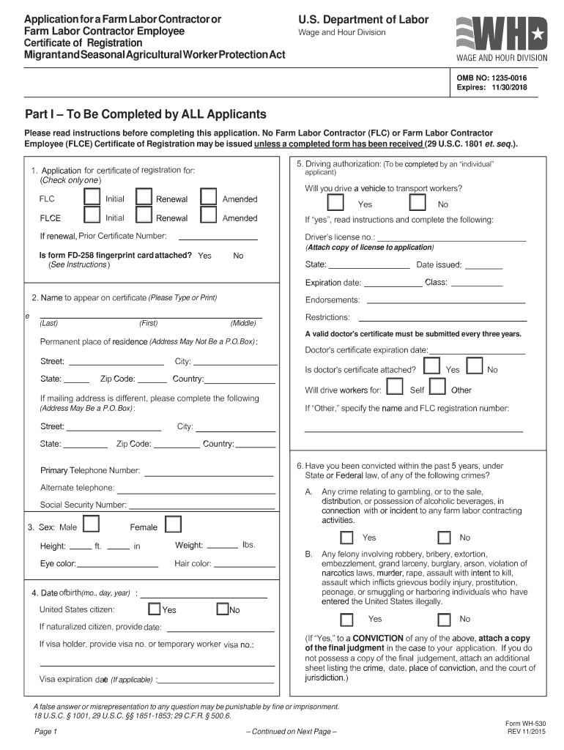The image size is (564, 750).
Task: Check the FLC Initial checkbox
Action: click(92, 197)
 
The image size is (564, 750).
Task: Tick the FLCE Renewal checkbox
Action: click(144, 215)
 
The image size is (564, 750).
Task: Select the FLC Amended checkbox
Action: click(209, 197)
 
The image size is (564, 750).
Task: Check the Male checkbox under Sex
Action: click(92, 524)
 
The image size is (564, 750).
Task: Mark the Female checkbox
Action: click(173, 524)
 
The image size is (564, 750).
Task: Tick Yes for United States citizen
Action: click(154, 609)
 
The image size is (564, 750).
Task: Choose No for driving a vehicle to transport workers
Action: click(416, 203)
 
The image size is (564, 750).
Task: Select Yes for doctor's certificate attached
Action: click(432, 366)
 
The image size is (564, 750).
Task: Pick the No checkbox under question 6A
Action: click(444, 538)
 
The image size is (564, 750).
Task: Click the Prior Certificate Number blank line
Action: click(218, 239)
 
